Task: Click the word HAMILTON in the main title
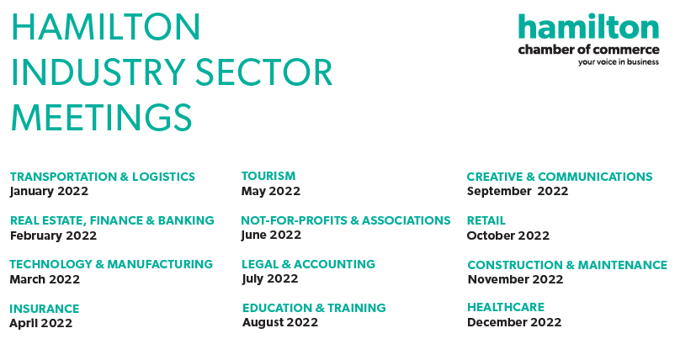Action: coord(105,27)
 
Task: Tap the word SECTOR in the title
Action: coord(264,71)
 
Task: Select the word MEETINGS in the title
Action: coord(101,117)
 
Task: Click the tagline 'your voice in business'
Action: coord(618,62)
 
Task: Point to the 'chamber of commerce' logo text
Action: coord(588,50)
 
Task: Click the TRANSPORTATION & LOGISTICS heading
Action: coord(103,177)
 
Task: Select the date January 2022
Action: coord(49,192)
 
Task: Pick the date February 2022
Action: coord(53,236)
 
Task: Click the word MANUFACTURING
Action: coord(160,264)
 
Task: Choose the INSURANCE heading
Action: coord(45,309)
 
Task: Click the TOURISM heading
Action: coord(268,176)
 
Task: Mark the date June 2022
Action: coord(271,235)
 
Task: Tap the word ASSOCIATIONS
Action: coord(407,220)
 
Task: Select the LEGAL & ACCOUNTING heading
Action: coord(308,264)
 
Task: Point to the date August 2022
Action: coord(280,323)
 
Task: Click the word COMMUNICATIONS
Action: coord(595,177)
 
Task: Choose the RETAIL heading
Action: coord(486,220)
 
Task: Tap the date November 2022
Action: coord(515,279)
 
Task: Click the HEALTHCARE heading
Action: coord(506,307)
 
